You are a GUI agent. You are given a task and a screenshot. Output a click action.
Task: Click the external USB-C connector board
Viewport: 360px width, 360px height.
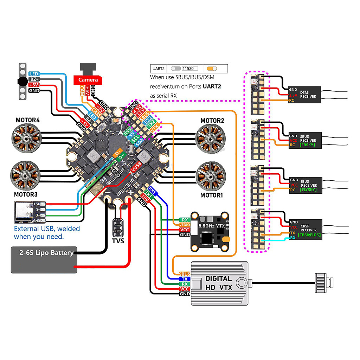tap(30, 212)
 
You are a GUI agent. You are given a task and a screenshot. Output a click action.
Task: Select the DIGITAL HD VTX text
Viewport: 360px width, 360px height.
tap(219, 283)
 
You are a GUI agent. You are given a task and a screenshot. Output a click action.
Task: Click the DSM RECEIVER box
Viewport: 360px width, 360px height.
tap(304, 94)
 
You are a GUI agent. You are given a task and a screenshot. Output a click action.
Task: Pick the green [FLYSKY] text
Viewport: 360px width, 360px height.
tap(308, 189)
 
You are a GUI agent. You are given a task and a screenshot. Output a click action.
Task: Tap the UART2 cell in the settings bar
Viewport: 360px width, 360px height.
tap(158, 68)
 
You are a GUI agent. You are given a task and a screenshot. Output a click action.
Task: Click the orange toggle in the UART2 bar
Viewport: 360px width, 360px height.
tap(212, 68)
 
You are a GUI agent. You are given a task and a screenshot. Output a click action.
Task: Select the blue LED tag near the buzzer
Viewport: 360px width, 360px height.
tap(34, 74)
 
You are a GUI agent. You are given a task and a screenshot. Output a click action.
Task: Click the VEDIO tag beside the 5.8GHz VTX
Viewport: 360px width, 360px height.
tap(185, 225)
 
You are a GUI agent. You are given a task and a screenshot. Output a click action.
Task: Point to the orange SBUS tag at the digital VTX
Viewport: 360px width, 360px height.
tap(185, 274)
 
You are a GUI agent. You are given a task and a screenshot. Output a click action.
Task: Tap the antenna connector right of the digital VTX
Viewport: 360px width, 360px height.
tap(324, 282)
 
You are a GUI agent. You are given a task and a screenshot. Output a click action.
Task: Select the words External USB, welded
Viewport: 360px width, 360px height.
tap(47, 229)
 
